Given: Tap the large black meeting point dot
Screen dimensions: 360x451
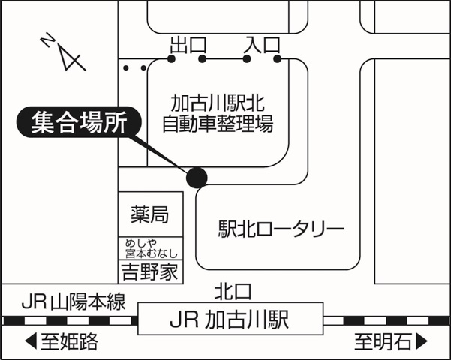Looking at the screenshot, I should (x=197, y=177).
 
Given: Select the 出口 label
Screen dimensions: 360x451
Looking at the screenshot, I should (x=188, y=44).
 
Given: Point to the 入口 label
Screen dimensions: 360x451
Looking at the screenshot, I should (x=262, y=44).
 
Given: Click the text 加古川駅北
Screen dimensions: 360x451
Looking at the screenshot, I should (x=218, y=102).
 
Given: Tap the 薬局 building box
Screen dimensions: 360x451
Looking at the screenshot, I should (x=149, y=215).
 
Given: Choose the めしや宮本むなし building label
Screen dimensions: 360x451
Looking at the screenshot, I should (x=149, y=248).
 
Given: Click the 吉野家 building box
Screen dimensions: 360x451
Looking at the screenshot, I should (x=149, y=271).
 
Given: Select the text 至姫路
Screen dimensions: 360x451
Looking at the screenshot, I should (x=69, y=343).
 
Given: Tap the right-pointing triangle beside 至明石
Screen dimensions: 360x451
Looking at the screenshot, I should (x=421, y=343).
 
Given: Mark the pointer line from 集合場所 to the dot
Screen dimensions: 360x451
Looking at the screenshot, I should (x=165, y=154).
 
